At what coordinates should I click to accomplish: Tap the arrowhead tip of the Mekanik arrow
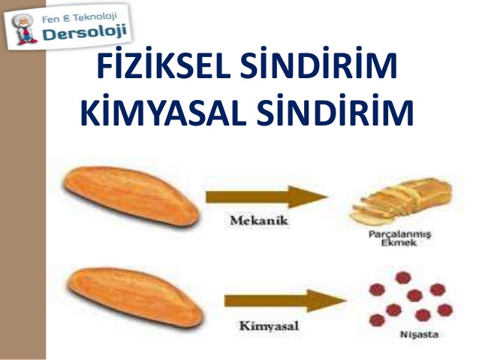tap(329, 198)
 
